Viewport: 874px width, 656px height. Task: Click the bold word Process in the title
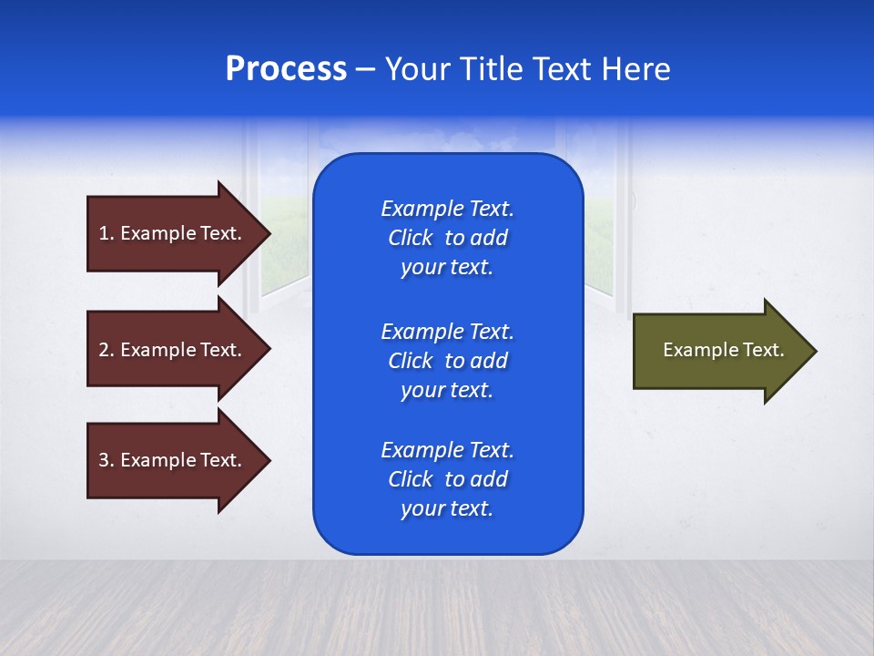pos(286,69)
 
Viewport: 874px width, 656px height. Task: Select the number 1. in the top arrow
pos(106,233)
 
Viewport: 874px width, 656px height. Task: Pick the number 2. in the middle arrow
pos(106,350)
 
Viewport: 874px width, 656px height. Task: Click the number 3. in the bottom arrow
pos(106,460)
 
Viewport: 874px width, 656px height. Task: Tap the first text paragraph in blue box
pos(447,238)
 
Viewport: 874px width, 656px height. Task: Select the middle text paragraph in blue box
pos(447,361)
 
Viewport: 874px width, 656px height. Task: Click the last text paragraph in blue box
pos(447,479)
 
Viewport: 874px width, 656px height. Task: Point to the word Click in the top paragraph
pos(410,238)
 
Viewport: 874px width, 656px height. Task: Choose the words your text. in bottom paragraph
pos(447,508)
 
